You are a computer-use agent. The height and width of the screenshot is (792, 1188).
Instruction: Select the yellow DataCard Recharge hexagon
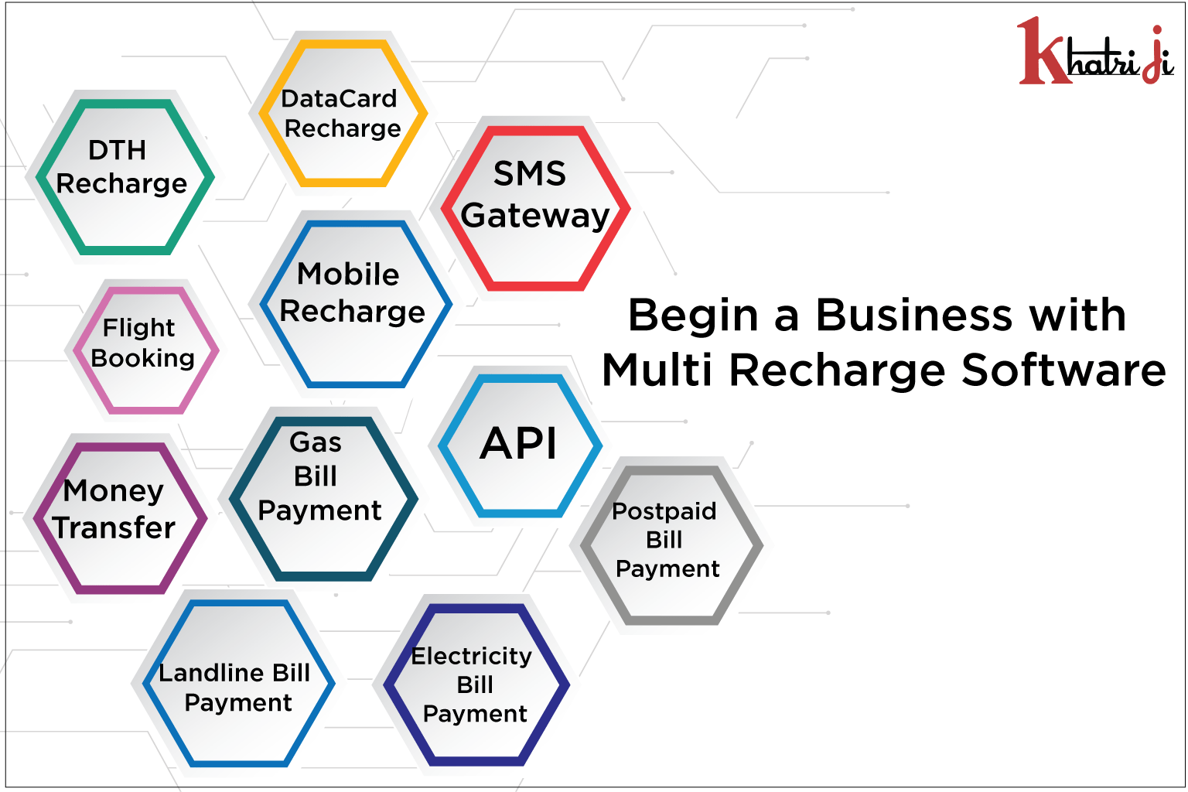click(x=342, y=113)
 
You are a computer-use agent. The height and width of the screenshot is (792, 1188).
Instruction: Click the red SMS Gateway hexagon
click(x=534, y=207)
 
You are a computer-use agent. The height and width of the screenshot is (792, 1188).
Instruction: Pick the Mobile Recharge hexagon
click(x=354, y=303)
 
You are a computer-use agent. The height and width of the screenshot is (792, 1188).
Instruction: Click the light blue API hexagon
click(x=519, y=445)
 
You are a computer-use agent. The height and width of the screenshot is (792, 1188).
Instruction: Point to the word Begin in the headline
click(x=693, y=316)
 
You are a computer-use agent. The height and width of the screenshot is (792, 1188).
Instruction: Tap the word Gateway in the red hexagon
click(x=535, y=216)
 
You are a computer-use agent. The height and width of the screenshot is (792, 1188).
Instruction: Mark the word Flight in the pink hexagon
click(x=139, y=328)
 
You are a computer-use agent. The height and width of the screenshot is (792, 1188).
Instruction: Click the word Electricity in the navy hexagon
click(x=472, y=656)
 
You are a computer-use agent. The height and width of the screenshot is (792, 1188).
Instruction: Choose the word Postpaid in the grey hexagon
click(x=664, y=510)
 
